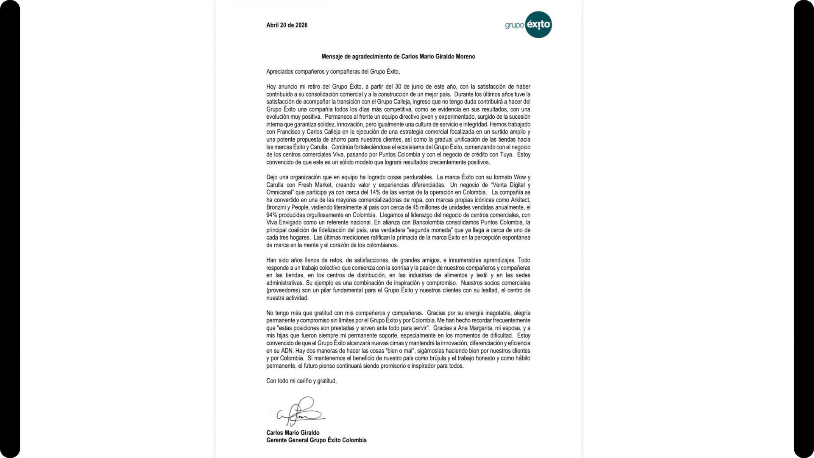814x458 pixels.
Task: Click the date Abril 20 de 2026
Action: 287,25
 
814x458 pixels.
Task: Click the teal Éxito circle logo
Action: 538,25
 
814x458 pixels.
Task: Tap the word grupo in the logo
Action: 514,25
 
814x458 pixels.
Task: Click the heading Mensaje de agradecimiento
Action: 398,56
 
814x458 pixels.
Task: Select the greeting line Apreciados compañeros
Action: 333,72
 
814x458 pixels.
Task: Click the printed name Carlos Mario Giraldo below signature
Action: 293,433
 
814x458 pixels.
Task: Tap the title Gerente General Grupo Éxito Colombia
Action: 316,440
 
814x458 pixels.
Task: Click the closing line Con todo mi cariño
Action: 301,381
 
